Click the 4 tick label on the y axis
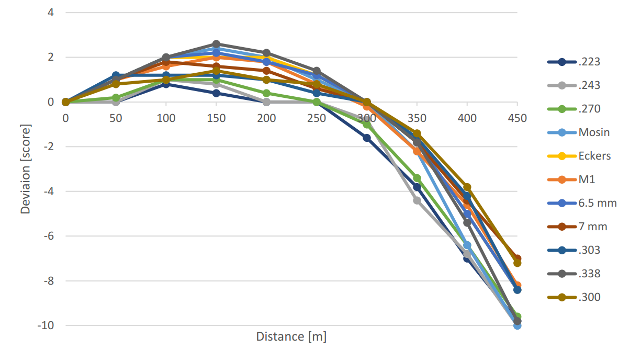(51, 12)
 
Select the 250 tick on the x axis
(317, 118)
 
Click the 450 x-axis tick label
(517, 118)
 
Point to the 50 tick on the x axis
(116, 118)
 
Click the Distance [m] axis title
(291, 336)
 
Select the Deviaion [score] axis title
(25, 168)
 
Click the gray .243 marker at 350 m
(417, 200)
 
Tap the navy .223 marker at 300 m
(367, 138)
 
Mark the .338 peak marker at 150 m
(216, 44)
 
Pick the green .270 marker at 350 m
(417, 178)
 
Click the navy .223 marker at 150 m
(216, 93)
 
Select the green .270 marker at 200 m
(266, 93)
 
